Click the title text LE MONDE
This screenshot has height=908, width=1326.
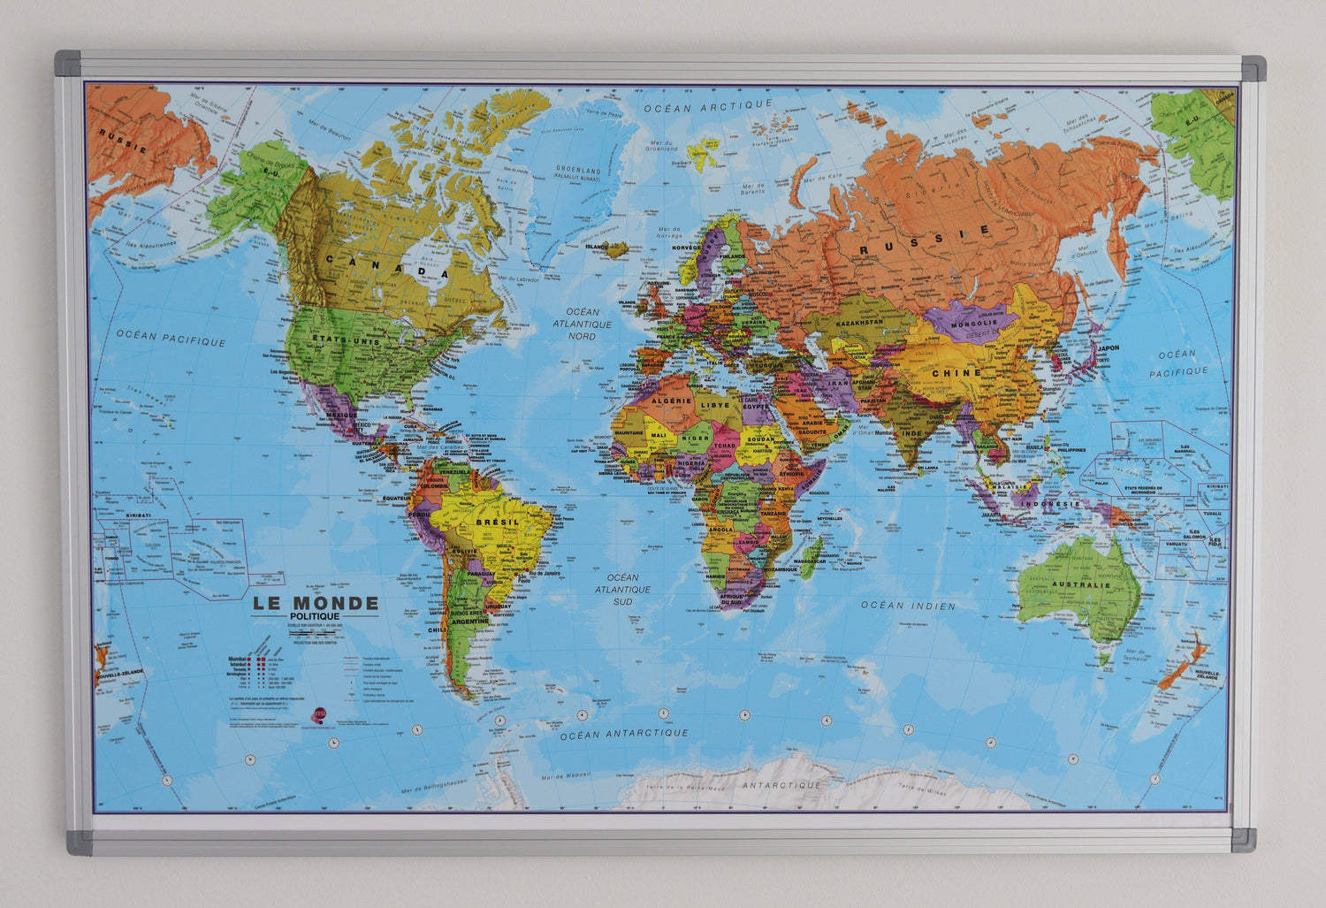pos(316,604)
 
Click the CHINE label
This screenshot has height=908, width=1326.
pos(956,372)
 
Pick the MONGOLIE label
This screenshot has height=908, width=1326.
pos(975,323)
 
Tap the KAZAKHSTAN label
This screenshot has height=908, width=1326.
pos(856,323)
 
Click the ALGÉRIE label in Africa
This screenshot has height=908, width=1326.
pos(671,401)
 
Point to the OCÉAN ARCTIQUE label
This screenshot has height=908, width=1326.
pos(708,105)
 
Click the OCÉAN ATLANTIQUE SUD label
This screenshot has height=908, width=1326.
pos(622,589)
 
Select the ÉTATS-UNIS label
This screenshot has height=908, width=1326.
pos(339,340)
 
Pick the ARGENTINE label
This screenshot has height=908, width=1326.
pos(470,621)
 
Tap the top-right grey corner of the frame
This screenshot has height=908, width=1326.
pos(1254,68)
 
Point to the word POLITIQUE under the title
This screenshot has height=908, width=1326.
pos(315,615)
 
